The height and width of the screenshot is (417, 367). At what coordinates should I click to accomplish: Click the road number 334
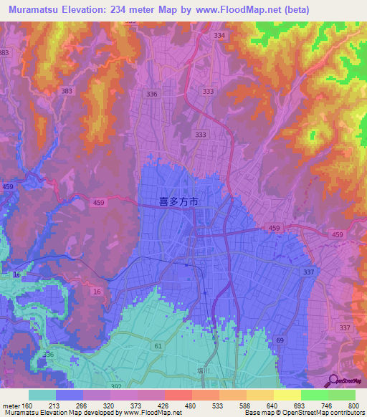[x=219, y=36]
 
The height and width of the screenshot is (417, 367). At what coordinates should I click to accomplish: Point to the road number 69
[x=280, y=340]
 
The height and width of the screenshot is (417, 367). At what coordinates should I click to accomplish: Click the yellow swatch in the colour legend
[x=287, y=395]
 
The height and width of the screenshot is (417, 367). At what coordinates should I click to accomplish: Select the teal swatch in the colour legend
[x=42, y=395]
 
